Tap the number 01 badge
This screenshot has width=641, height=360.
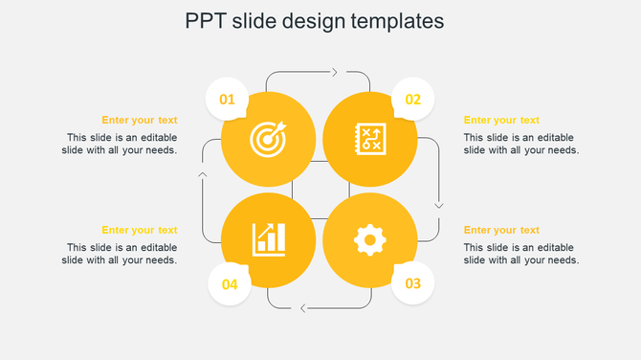click(x=228, y=99)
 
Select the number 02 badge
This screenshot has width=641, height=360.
click(x=413, y=99)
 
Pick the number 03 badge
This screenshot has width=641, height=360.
click(x=413, y=283)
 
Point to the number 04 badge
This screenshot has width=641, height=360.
click(x=230, y=284)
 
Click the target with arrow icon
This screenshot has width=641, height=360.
click(x=268, y=140)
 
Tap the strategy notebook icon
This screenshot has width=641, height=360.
click(x=369, y=138)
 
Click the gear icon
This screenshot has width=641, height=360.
click(x=369, y=239)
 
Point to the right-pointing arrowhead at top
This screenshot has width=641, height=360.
click(x=334, y=72)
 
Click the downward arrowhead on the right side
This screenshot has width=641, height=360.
click(x=439, y=204)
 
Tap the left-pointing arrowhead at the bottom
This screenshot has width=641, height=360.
click(x=302, y=307)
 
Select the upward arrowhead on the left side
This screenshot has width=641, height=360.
click(x=202, y=174)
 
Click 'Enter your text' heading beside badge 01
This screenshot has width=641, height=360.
click(x=140, y=120)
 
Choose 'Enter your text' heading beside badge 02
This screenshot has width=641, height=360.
click(x=501, y=120)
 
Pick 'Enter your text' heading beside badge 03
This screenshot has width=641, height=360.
click(x=501, y=230)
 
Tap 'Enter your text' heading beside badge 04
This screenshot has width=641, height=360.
click(x=140, y=230)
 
